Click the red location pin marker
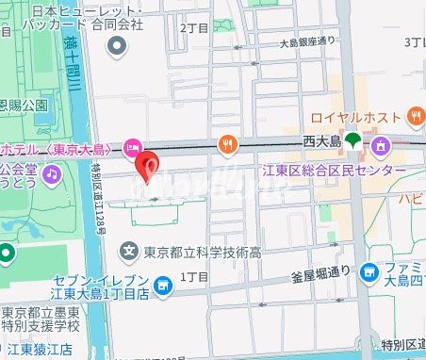click(x=146, y=167)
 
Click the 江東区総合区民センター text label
click(x=334, y=170)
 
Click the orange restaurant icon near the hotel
click(x=226, y=144)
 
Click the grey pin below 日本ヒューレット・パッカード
click(x=118, y=45)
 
